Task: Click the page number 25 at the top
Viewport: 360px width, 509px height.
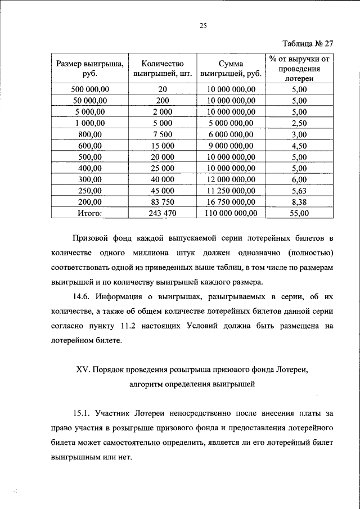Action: [204, 24]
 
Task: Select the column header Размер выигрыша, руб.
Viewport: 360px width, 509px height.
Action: [89, 68]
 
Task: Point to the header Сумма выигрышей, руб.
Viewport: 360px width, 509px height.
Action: [230, 68]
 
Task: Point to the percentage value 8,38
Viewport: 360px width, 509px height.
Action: [300, 201]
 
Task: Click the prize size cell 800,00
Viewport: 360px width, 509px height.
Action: [89, 134]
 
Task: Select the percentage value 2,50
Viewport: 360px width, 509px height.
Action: [300, 123]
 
